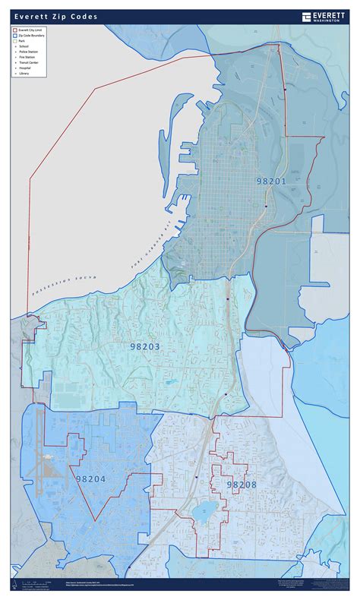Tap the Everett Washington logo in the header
[323, 17]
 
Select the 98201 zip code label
[271, 182]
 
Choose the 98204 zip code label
[91, 479]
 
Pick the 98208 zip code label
[242, 483]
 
